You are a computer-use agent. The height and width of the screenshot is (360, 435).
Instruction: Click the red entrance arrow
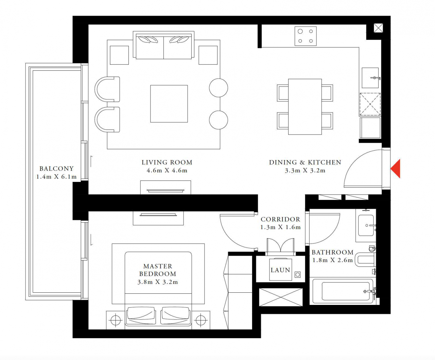[396, 169]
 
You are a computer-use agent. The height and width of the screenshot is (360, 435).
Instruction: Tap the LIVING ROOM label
[167, 162]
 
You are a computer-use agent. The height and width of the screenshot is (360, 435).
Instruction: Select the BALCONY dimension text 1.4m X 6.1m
[56, 177]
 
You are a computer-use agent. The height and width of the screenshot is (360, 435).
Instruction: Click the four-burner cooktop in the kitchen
[306, 36]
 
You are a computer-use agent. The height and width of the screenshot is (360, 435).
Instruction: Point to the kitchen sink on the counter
[370, 78]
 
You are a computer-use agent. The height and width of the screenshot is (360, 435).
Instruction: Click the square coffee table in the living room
[169, 104]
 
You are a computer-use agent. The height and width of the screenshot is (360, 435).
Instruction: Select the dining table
[305, 107]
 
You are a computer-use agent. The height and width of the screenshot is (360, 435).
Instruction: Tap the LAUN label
[280, 270]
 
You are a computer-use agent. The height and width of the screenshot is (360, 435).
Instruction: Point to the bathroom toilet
[365, 260]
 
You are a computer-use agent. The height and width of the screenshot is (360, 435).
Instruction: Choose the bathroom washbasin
[366, 225]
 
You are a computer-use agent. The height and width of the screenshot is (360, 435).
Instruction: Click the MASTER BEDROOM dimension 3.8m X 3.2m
[158, 282]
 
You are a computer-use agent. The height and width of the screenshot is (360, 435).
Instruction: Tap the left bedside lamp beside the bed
[116, 320]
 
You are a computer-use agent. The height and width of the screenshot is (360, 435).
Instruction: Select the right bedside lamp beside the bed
[201, 320]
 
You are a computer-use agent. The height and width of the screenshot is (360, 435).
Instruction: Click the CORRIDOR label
[280, 219]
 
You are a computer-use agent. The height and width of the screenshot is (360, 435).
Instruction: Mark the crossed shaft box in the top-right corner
[378, 28]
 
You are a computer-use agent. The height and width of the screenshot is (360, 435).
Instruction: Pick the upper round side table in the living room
[219, 88]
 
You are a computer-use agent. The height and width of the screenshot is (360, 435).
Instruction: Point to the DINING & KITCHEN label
[305, 162]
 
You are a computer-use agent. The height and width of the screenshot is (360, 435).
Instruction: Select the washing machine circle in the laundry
[298, 275]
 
